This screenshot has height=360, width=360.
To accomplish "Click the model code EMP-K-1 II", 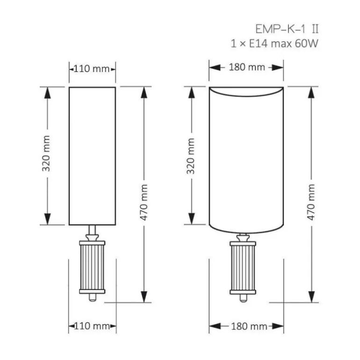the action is click(x=287, y=29).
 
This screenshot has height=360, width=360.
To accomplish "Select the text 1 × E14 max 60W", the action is click(x=274, y=43).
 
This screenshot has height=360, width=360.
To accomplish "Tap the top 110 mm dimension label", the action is click(x=92, y=69).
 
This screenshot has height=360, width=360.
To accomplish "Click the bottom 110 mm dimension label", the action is click(x=92, y=326).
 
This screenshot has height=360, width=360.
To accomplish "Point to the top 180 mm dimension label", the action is click(x=247, y=67).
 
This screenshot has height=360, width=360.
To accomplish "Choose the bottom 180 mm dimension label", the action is click(x=249, y=326).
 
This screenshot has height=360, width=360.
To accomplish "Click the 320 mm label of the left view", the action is click(x=46, y=153).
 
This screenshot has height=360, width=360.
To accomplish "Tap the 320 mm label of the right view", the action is click(x=191, y=156).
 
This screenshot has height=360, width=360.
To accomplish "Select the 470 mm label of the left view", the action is click(x=144, y=202).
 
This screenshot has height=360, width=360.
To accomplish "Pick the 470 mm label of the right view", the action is click(x=311, y=202).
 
